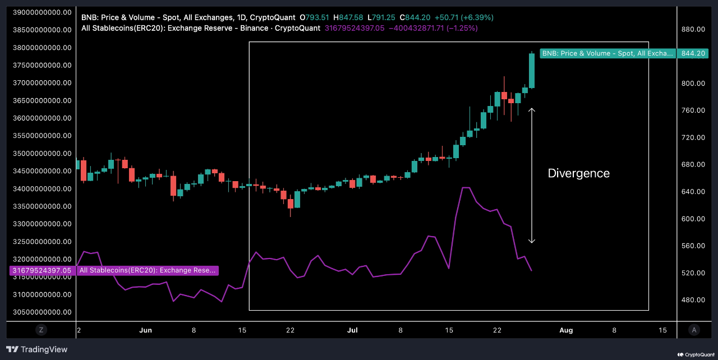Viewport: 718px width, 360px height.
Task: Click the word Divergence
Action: point(578,173)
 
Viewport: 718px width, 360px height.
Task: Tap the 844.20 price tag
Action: point(693,53)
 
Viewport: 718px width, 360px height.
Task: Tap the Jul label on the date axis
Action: point(352,330)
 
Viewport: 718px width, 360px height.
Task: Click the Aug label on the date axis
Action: point(566,330)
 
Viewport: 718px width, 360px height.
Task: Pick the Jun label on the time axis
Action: point(145,330)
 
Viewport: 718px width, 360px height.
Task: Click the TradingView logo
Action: point(37,349)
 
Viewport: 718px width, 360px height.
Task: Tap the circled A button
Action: point(694,330)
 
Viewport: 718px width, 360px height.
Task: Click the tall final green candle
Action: point(532,71)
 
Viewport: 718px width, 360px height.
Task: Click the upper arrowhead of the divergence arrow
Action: point(532,110)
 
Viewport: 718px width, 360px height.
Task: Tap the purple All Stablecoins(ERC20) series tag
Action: point(148,270)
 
